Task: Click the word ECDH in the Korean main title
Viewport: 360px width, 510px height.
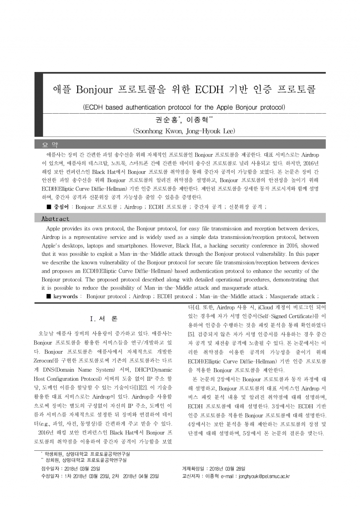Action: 209,90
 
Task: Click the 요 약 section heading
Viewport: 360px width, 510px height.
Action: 50,145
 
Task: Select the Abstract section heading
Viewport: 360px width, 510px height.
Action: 55,219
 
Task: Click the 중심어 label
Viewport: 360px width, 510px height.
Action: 61,207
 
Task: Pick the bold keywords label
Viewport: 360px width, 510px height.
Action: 65,297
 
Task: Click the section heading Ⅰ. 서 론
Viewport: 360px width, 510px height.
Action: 103,319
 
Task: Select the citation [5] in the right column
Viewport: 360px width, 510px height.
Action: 191,334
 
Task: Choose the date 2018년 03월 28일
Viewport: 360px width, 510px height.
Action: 227,469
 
